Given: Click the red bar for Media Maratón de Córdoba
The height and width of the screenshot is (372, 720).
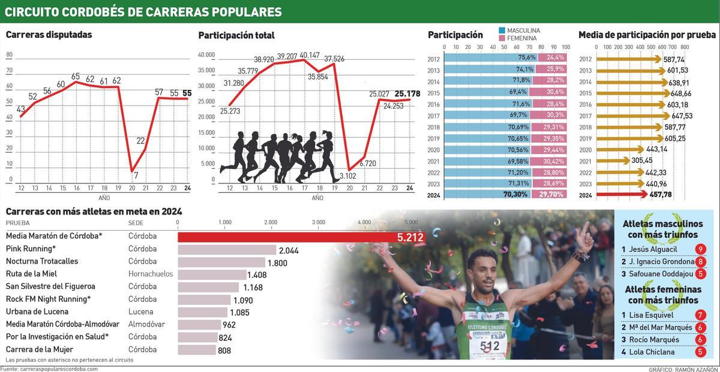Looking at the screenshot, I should click(288, 237).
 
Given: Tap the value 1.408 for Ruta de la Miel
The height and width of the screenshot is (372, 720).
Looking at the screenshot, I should click(260, 275).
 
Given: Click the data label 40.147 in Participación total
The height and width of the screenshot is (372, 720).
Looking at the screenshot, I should click(310, 55).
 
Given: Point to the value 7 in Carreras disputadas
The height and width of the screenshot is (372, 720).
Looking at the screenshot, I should click(136, 176).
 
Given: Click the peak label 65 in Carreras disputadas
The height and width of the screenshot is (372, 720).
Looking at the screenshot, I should click(76, 76).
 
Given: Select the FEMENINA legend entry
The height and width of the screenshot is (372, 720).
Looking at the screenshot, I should click(521, 38).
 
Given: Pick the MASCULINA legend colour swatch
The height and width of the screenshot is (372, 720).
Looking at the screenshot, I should click(502, 30).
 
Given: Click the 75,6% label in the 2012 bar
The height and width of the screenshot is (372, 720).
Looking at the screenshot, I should click(526, 58).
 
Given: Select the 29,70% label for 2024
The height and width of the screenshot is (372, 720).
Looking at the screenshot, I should click(551, 195).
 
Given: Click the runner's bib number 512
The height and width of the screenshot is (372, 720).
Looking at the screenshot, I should click(490, 346).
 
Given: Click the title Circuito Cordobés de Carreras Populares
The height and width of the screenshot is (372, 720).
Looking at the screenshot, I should click(143, 12).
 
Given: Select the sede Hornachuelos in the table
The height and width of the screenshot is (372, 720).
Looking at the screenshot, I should click(150, 274).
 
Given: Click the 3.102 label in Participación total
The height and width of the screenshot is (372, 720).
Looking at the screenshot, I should click(348, 176).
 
